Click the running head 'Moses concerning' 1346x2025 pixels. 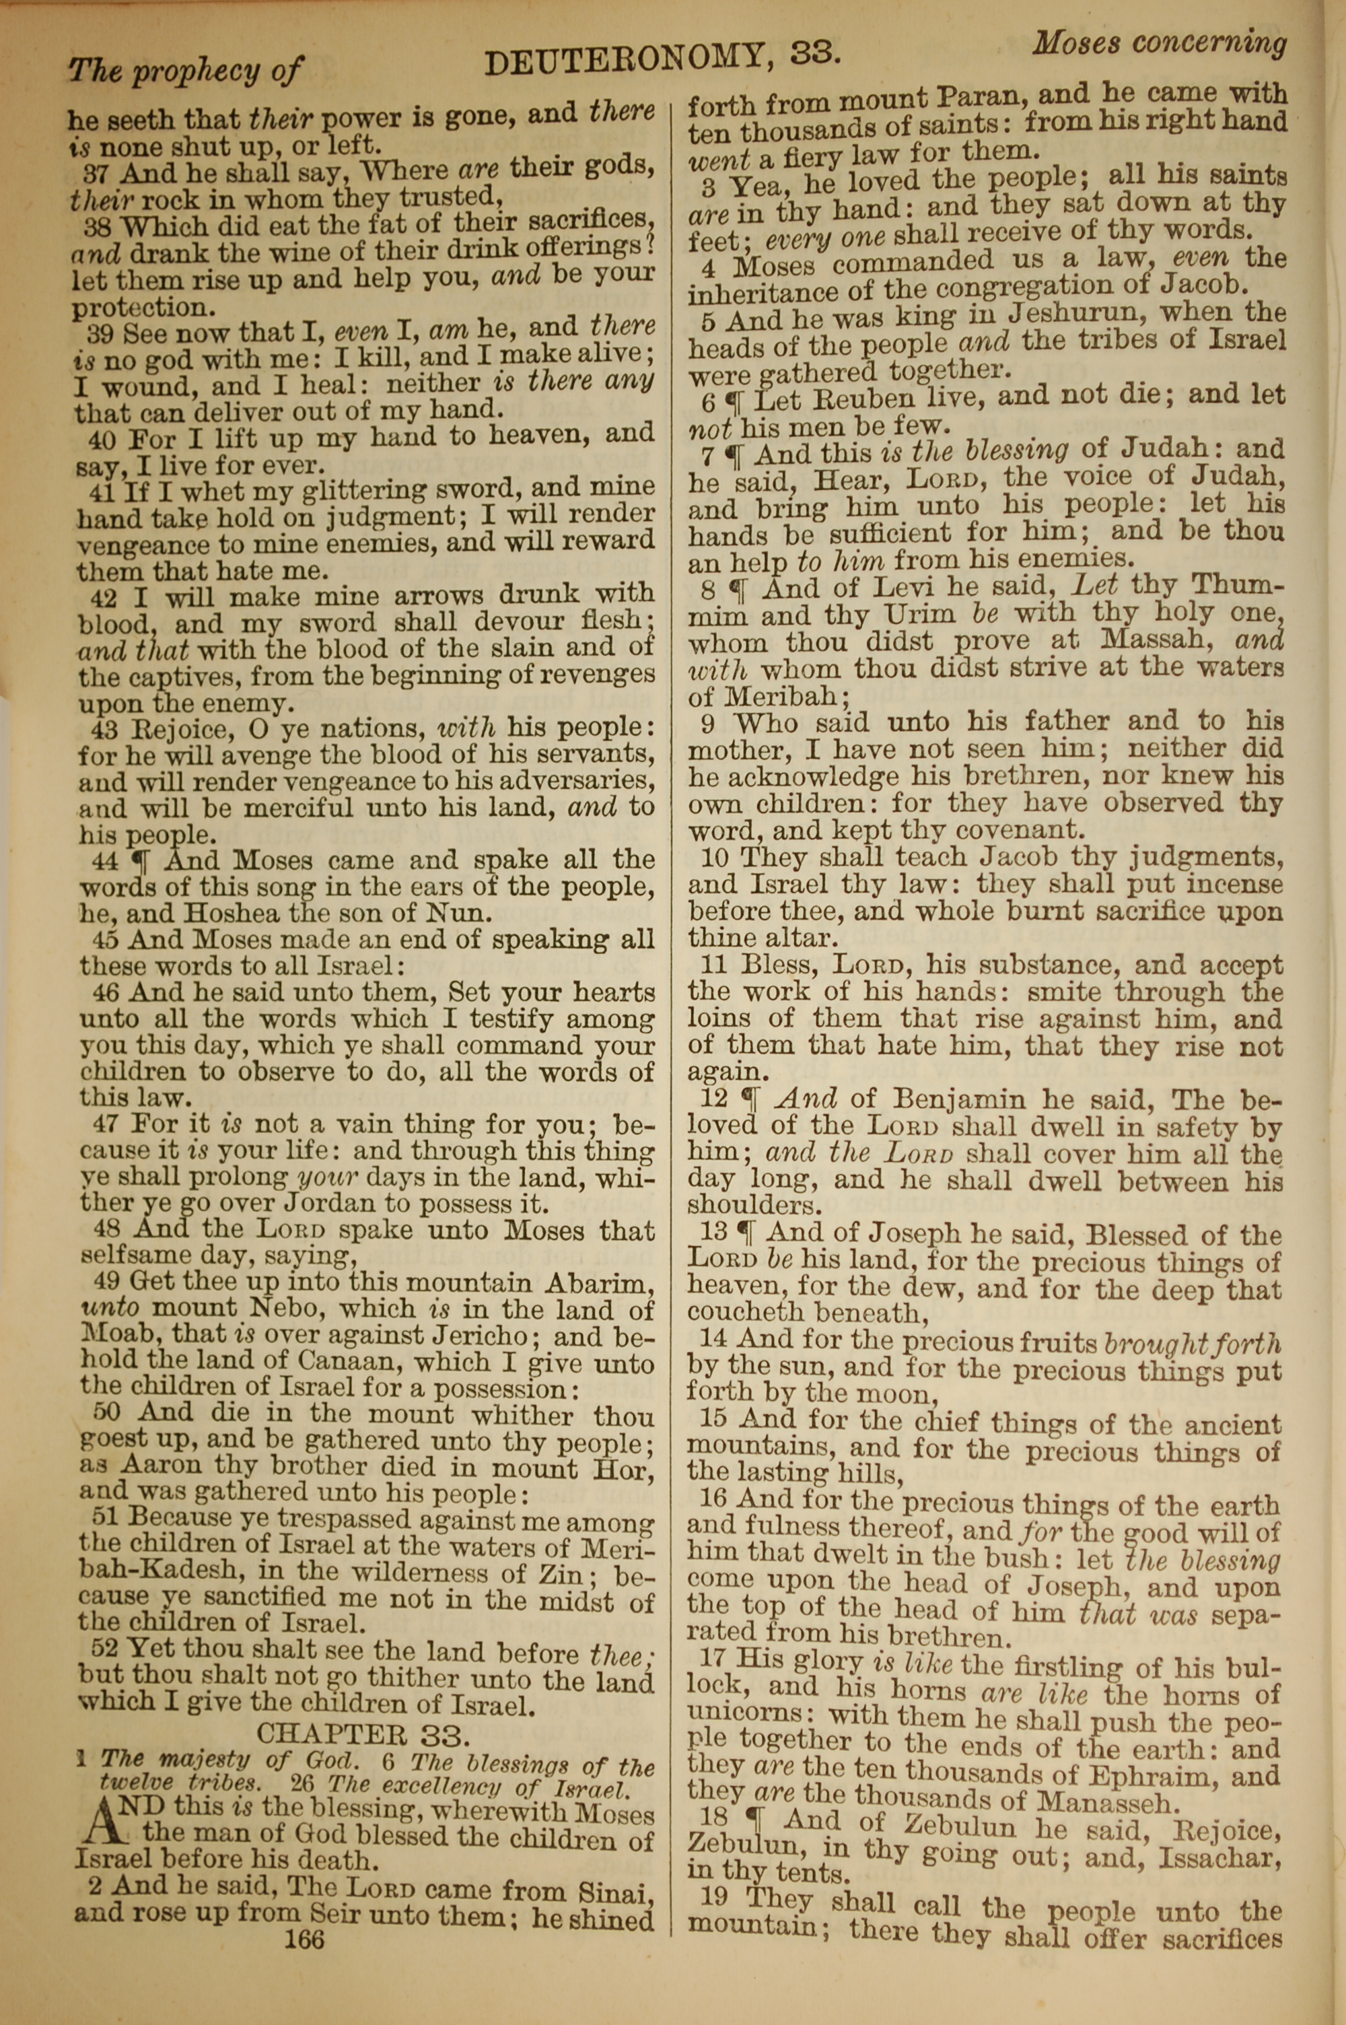coord(1159,43)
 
